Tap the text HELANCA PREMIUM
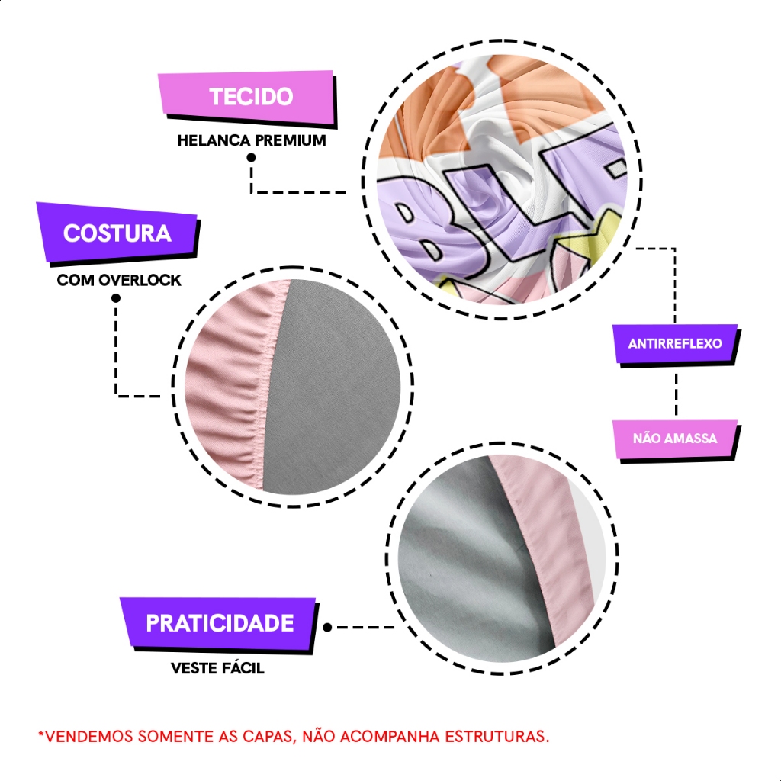pos(251,141)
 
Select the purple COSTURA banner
pos(117,233)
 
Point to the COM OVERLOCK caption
pos(119,280)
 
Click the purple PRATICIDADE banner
pos(220,623)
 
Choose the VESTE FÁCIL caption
pos(217,668)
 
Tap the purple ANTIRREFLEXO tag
pos(675,343)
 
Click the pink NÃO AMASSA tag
pos(675,439)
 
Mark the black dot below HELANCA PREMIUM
pos(251,158)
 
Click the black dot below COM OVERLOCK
pos(116,297)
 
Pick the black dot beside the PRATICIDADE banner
pos(327,628)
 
